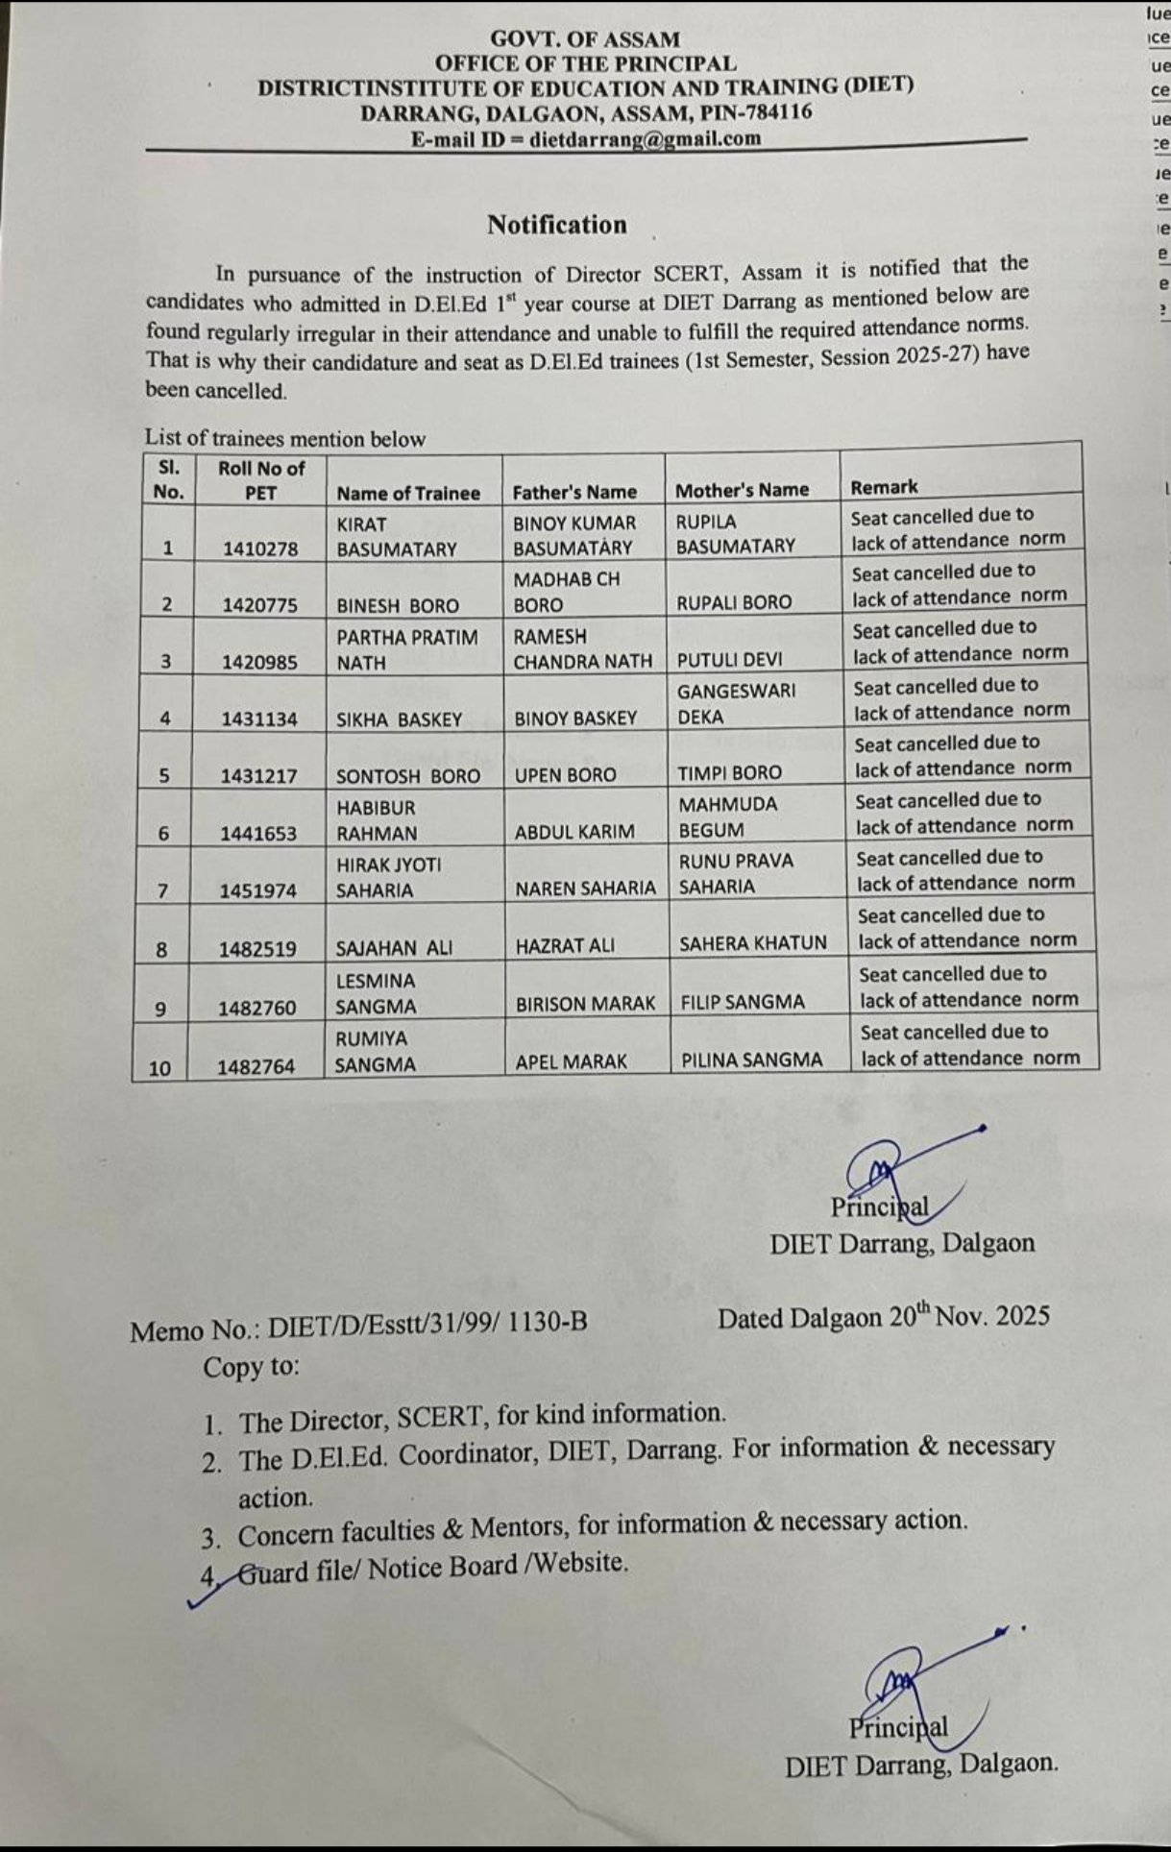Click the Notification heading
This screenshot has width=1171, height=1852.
[x=556, y=225]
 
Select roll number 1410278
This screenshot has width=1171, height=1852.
[x=260, y=549]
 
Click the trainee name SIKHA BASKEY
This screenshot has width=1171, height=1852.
[x=399, y=719]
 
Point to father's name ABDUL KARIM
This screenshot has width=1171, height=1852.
[x=574, y=833]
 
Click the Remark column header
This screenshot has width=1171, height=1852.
[x=884, y=487]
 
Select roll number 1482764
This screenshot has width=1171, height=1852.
[x=256, y=1067]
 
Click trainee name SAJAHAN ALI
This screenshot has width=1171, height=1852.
[x=394, y=948]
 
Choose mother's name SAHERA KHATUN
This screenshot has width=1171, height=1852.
[x=753, y=943]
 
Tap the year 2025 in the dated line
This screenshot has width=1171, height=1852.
[x=1022, y=1315]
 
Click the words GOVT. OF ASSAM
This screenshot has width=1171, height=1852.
[x=585, y=39]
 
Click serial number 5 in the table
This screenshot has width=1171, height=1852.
[x=164, y=776]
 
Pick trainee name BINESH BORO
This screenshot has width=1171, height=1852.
[x=398, y=606]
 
